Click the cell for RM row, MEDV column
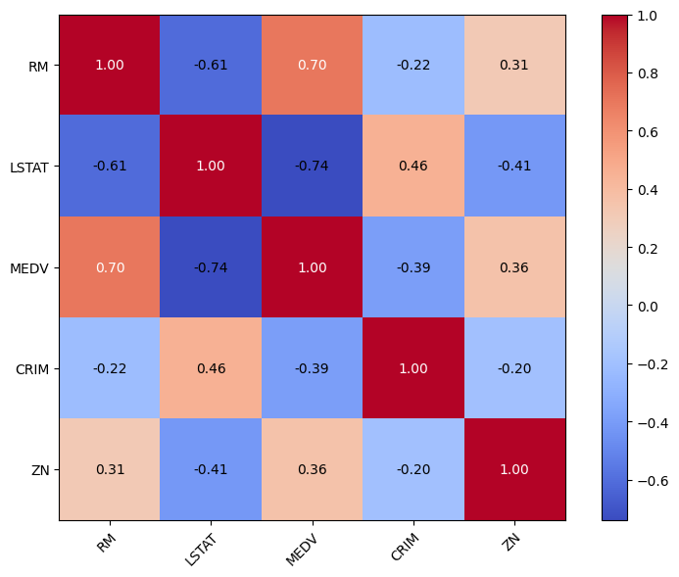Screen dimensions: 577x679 click(x=313, y=66)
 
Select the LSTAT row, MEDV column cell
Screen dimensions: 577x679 click(x=313, y=167)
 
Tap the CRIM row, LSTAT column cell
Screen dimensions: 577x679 click(x=211, y=368)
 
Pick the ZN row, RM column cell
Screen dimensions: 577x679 click(x=110, y=469)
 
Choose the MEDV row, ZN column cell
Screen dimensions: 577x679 click(x=514, y=267)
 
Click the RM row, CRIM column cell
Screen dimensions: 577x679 click(x=413, y=66)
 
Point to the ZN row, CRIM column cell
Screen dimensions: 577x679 click(x=413, y=469)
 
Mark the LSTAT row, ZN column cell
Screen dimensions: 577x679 click(x=514, y=167)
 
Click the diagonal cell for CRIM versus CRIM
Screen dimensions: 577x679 click(x=413, y=368)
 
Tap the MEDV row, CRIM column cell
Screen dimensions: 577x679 click(x=413, y=267)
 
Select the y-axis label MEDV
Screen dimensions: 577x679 click(x=33, y=267)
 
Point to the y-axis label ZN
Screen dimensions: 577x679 click(x=42, y=469)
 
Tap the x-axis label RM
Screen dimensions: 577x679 click(x=106, y=538)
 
